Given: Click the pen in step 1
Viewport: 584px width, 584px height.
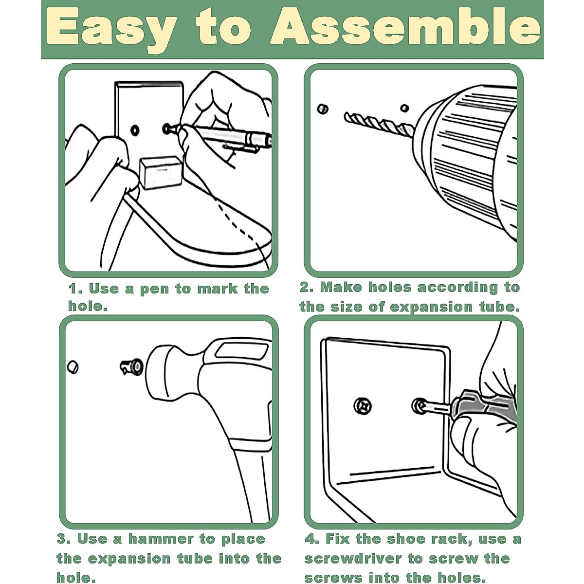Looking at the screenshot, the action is (229, 136).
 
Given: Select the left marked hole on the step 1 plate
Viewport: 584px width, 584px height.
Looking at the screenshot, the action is (135, 130).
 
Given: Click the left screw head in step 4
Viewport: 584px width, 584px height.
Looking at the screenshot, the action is (362, 404).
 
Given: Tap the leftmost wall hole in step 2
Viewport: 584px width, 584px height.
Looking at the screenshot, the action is (322, 109).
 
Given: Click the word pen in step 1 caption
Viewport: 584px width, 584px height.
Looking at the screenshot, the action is (154, 289).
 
